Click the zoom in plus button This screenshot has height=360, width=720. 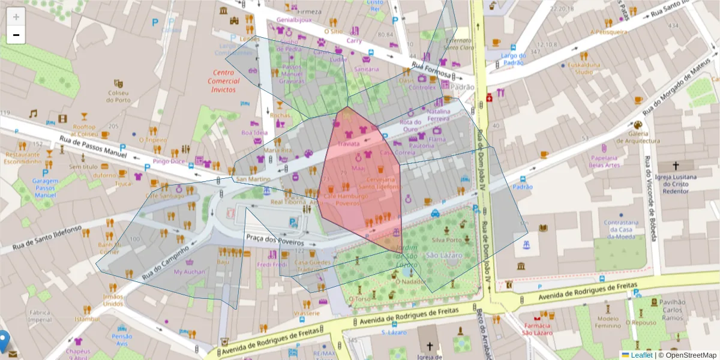pyautogui.click(x=16, y=16)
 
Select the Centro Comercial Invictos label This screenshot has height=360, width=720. pyautogui.click(x=223, y=81)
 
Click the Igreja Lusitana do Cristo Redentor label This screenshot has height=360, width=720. pyautogui.click(x=676, y=184)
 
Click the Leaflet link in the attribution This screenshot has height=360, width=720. pyautogui.click(x=641, y=355)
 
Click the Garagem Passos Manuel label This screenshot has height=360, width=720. pyautogui.click(x=45, y=188)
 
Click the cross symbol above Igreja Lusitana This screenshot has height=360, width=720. pyautogui.click(x=676, y=165)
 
